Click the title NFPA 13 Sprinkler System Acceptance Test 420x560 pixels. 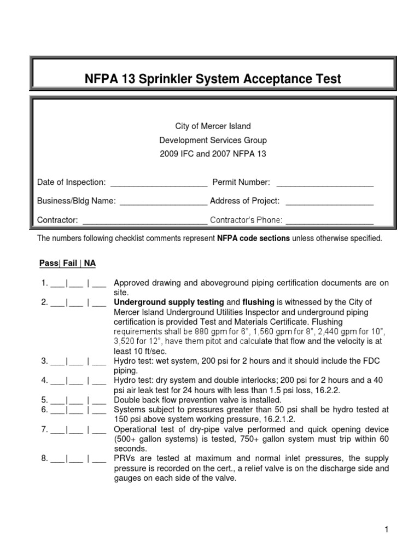[x=213, y=79]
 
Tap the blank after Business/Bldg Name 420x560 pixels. [x=164, y=201]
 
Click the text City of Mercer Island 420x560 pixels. [x=213, y=126]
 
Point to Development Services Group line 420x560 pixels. [x=213, y=140]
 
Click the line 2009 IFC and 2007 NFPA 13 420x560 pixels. [x=213, y=154]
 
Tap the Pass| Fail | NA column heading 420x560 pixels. [x=67, y=263]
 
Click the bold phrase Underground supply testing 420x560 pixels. [x=168, y=302]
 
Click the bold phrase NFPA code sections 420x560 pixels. [x=254, y=238]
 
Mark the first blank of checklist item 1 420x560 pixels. [x=58, y=284]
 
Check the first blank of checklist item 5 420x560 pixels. [x=58, y=400]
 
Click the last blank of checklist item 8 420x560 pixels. [x=98, y=458]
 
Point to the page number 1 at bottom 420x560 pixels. [x=386, y=529]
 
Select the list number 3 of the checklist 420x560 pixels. [x=43, y=361]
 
